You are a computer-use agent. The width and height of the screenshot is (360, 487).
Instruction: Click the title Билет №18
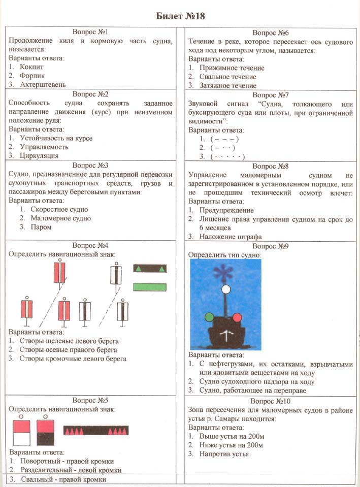tap(180, 16)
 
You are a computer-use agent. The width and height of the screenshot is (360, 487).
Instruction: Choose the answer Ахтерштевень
tap(43, 85)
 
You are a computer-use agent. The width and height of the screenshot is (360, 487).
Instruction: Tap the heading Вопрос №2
tap(90, 94)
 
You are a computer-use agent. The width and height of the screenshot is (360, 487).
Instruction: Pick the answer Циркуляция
tap(39, 156)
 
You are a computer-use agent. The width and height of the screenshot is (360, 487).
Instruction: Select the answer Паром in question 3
tap(42, 227)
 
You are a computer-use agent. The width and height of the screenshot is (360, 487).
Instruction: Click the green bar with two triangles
tap(150, 269)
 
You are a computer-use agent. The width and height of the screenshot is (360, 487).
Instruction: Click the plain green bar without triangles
tap(150, 287)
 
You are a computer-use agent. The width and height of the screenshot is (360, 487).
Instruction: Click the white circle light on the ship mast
tap(225, 289)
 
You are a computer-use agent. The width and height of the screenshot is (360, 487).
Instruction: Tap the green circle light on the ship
tap(209, 318)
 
